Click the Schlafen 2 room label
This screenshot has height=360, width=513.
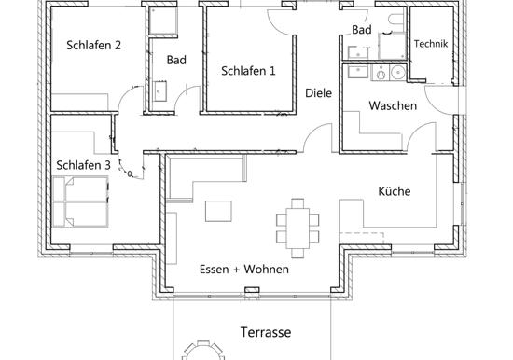[93, 45]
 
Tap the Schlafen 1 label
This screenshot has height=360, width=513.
[248, 71]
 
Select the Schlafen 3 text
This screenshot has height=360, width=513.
[83, 165]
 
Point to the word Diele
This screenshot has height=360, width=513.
[318, 93]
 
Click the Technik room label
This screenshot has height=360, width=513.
[431, 44]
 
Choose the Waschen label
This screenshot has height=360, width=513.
[393, 105]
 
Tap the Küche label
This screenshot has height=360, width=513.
[395, 191]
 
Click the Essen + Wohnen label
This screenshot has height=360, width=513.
[244, 270]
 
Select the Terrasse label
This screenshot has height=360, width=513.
[266, 332]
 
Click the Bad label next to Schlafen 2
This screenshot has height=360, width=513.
[176, 60]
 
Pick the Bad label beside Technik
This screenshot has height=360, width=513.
[362, 30]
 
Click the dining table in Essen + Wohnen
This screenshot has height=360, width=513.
[298, 228]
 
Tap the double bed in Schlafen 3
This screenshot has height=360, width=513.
[80, 201]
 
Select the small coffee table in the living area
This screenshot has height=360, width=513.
[218, 211]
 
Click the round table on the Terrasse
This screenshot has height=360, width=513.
[203, 351]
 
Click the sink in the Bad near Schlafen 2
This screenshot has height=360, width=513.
[160, 91]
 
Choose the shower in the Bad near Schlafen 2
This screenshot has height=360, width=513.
[163, 21]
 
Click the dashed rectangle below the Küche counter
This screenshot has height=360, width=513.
[361, 238]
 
